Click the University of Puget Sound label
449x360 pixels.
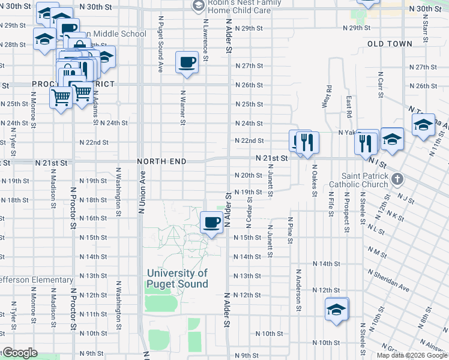178,278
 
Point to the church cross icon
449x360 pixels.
396,179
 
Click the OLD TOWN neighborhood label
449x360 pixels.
390,44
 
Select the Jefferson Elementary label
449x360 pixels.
36,280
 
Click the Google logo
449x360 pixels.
19,353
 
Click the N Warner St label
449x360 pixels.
182,108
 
